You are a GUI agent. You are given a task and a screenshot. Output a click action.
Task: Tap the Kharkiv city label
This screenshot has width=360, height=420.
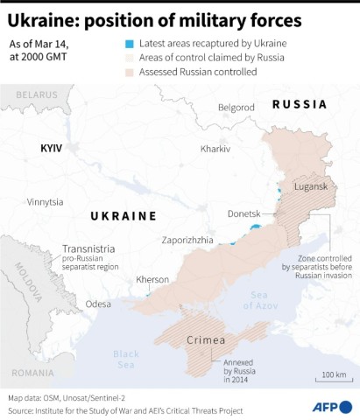tap(215, 150)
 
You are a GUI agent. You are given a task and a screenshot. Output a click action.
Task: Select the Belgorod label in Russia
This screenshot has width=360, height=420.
tap(236, 108)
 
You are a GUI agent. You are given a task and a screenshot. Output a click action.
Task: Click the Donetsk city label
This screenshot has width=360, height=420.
tap(244, 213)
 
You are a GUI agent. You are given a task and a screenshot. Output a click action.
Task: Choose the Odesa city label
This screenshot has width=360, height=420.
tap(98, 304)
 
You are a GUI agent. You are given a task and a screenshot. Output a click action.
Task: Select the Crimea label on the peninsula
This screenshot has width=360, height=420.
tap(207, 339)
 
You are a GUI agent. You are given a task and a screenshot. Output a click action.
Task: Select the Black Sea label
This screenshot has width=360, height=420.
tap(125, 360)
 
